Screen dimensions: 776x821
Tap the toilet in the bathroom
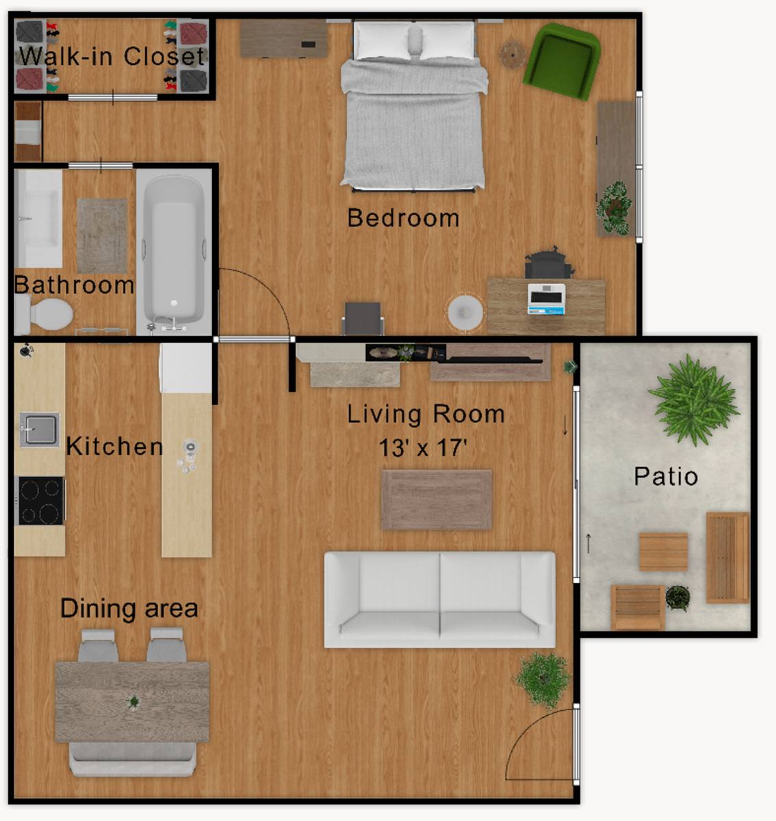tap(44, 314)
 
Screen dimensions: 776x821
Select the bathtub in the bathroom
tap(174, 252)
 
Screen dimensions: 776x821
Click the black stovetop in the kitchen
tap(40, 501)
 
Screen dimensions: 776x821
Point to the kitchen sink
tap(40, 430)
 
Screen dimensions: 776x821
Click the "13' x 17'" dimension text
tap(422, 447)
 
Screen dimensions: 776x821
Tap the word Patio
tap(666, 476)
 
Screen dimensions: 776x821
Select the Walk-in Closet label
tap(112, 56)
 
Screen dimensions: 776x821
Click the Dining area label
tap(129, 608)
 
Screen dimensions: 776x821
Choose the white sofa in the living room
tap(440, 599)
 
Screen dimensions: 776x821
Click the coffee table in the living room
tap(437, 499)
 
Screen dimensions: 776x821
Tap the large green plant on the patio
tap(693, 400)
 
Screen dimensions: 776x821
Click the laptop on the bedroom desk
tap(547, 299)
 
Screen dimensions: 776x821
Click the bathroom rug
tap(102, 235)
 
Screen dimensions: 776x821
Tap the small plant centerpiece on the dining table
tap(133, 701)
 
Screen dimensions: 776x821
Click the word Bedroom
tap(403, 218)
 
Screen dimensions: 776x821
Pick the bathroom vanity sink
tap(38, 218)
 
